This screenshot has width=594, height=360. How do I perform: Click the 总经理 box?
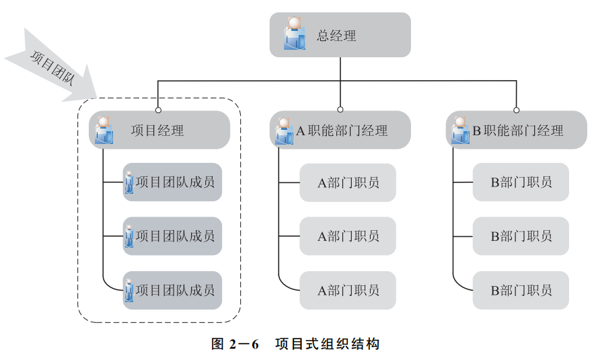tap(340, 35)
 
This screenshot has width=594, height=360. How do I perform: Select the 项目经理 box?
tap(159, 130)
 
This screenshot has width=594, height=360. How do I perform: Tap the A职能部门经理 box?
tap(341, 130)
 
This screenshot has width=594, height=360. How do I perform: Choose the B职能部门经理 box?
tap(517, 130)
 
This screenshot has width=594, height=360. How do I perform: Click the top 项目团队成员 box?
tap(172, 182)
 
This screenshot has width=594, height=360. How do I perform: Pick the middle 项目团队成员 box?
tap(172, 236)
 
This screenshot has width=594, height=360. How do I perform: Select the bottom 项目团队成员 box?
tap(172, 291)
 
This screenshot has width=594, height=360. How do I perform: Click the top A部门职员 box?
tap(348, 182)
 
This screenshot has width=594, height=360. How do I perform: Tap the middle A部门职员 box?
tap(348, 236)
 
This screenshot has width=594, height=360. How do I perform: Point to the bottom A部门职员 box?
tap(348, 291)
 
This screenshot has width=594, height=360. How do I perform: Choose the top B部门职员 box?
tap(521, 182)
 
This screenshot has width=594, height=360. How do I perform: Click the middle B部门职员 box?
tap(521, 236)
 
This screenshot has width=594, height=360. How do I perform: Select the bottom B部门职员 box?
tap(521, 291)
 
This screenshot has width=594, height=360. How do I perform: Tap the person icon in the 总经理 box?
tap(294, 32)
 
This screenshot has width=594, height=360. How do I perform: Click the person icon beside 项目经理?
tap(104, 130)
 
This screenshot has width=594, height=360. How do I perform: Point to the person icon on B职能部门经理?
tap(460, 130)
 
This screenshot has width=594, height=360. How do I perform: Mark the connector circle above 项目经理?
tap(159, 109)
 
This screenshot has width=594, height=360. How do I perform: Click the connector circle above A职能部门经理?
tap(340, 109)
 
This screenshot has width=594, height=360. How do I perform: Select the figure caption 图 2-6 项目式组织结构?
tap(295, 344)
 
